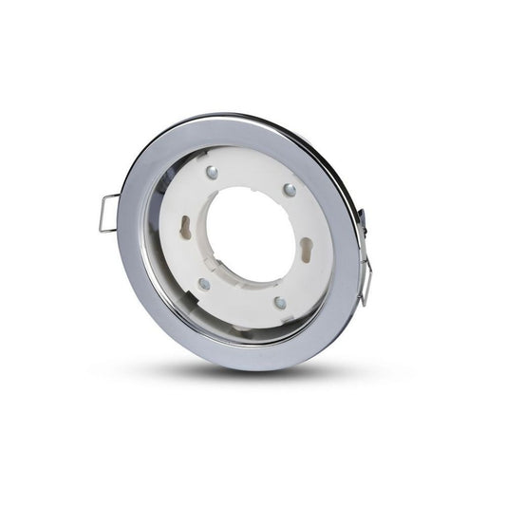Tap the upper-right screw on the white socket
point(290,190)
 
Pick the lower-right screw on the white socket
point(279,303)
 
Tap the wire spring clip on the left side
point(108,214)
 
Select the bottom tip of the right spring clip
point(363,302)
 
